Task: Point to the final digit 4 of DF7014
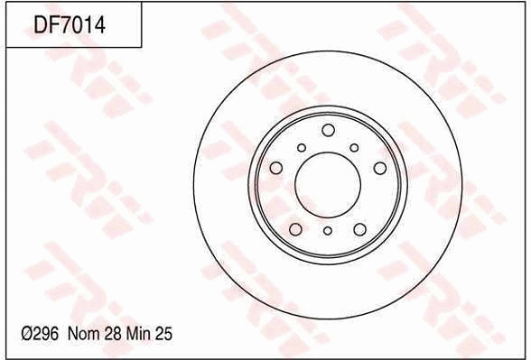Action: (101, 25)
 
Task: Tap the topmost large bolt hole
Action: (327, 129)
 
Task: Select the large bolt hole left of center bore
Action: (276, 167)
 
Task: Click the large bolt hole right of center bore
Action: (380, 168)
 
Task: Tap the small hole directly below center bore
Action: (327, 231)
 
